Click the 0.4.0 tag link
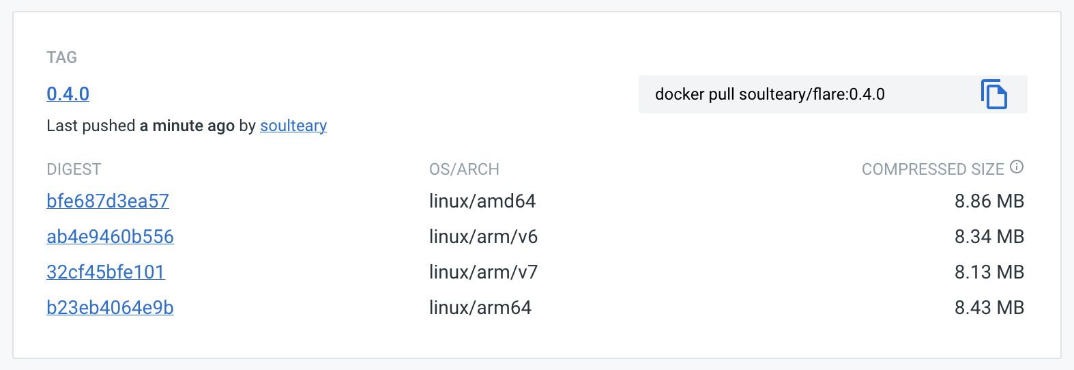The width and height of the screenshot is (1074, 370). (68, 94)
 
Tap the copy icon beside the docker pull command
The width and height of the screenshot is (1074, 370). (993, 94)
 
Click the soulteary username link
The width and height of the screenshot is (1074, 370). (293, 126)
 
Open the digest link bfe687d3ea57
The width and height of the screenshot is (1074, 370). (108, 201)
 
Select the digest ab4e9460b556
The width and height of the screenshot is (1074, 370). (110, 236)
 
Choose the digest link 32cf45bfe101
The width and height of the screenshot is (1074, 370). (106, 272)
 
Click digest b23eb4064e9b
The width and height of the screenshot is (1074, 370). (110, 307)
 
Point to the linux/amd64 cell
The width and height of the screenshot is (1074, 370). (482, 201)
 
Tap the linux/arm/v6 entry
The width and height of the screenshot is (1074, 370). (483, 236)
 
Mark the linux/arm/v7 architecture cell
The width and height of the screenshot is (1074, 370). (483, 272)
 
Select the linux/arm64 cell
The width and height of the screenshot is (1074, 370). (480, 307)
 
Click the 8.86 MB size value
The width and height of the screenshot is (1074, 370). (989, 201)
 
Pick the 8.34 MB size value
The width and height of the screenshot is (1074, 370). (989, 236)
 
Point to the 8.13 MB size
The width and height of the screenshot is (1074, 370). (989, 272)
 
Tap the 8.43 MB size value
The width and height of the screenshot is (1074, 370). (989, 307)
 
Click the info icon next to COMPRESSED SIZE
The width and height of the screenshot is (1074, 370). (1017, 167)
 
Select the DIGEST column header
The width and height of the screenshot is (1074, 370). (74, 169)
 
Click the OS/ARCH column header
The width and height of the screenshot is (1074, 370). (464, 169)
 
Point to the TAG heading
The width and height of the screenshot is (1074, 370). (61, 57)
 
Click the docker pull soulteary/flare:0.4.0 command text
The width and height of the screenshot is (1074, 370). (770, 94)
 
